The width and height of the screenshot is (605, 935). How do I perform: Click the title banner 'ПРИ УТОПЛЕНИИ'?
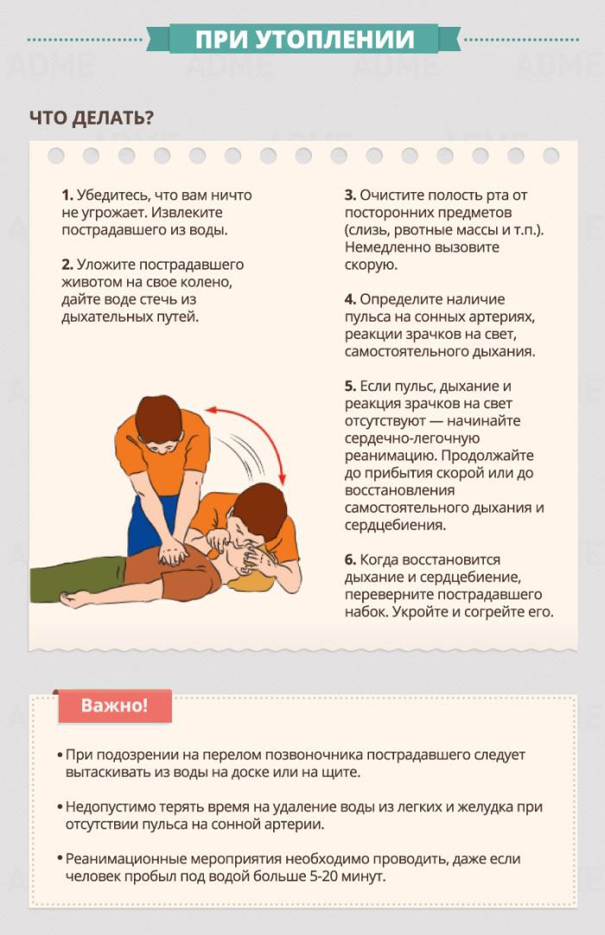[304, 40]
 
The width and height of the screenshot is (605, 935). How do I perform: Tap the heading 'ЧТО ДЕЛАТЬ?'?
[92, 118]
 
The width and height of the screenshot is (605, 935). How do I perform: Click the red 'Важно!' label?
[114, 706]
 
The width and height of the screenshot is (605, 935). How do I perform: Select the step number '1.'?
[67, 195]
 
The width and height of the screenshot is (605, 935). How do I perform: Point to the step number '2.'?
[67, 264]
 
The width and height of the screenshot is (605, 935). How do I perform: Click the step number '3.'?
[351, 195]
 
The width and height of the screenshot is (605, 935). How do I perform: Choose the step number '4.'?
[351, 298]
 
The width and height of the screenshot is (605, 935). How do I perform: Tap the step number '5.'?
[351, 386]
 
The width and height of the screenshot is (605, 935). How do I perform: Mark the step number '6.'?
[351, 560]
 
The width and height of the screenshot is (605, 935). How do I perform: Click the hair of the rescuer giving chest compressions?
[158, 418]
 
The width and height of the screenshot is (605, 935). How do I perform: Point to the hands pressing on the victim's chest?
[174, 553]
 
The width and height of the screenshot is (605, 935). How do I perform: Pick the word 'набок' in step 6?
[366, 612]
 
